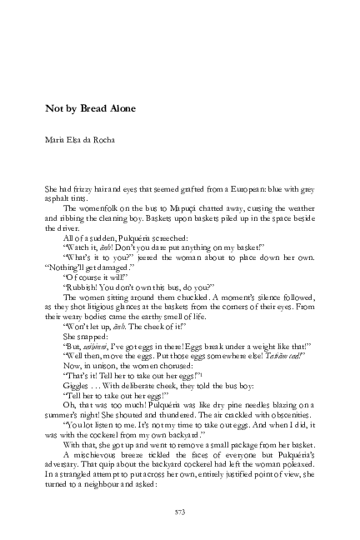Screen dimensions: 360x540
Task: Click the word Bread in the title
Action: coord(92,109)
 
